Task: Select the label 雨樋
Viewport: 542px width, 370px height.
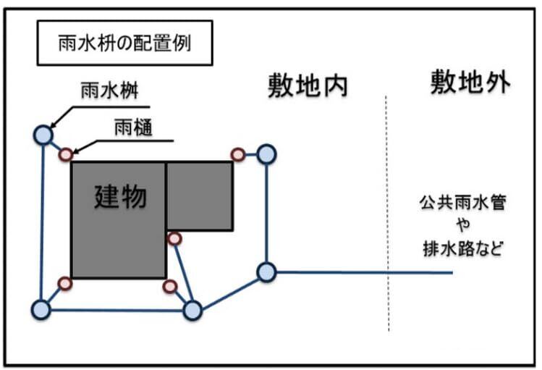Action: tap(133, 128)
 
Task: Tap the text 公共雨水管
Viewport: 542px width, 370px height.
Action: tap(461, 201)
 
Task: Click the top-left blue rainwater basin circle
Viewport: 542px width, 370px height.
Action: tap(43, 135)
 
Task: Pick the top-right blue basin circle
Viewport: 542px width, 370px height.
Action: tap(267, 154)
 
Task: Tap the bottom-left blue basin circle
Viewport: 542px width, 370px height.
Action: tap(41, 309)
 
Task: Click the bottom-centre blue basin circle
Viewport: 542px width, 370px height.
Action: tap(192, 310)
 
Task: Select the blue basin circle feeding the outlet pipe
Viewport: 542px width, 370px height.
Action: tap(266, 272)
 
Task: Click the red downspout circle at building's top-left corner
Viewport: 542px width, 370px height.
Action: tap(66, 154)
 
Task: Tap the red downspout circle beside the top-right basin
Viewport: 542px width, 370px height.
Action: tap(237, 154)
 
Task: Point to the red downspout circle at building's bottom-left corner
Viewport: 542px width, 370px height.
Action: tap(64, 282)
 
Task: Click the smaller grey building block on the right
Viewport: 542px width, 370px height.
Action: tap(200, 196)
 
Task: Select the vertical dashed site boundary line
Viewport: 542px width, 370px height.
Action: tap(389, 217)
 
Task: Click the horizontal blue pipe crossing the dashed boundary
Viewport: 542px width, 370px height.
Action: tap(362, 272)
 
